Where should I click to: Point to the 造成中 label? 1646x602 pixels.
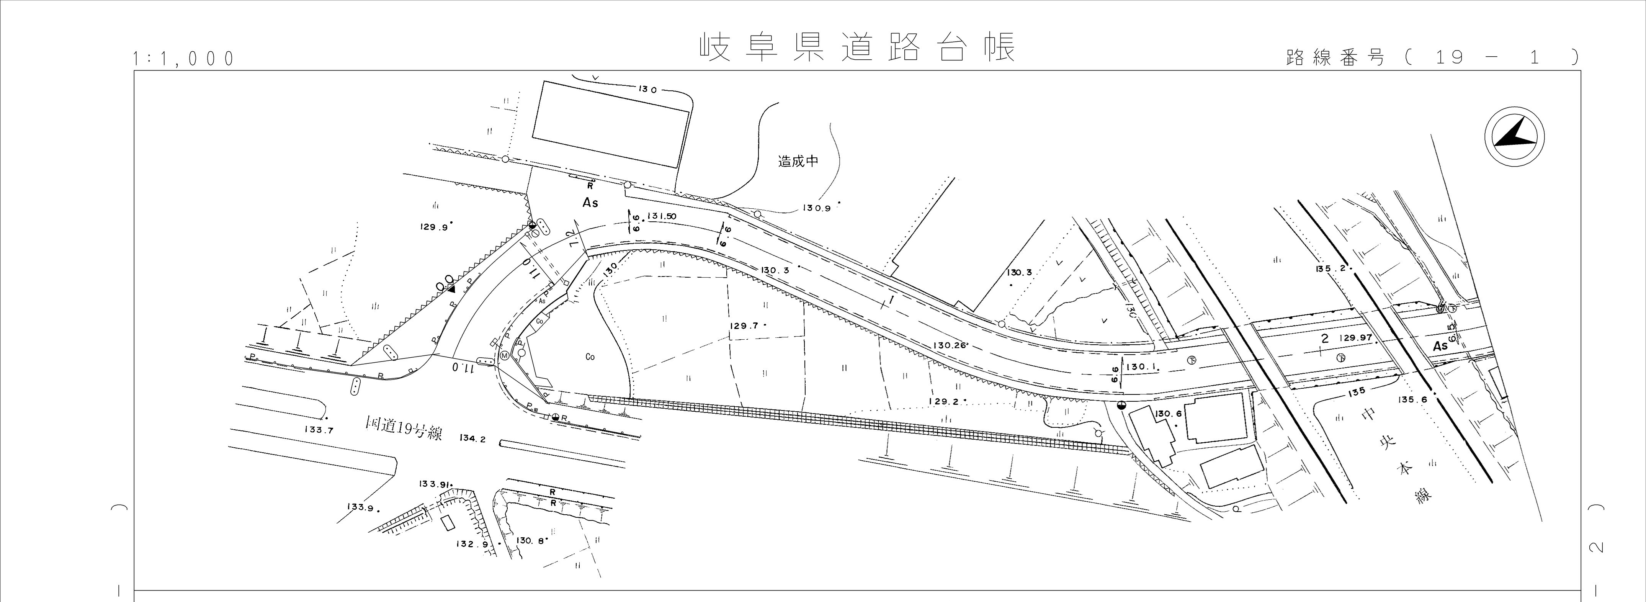[798, 161]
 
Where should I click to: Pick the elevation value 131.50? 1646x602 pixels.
[661, 217]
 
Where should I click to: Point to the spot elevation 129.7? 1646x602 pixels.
[744, 326]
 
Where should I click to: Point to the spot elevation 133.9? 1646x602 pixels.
[360, 507]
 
